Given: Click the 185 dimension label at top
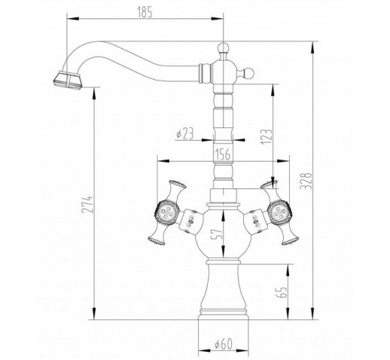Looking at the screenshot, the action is click(x=145, y=13).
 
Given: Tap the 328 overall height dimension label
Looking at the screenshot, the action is click(x=306, y=182).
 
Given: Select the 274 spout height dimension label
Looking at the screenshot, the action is click(x=87, y=204).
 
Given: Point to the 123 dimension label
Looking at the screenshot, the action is click(x=267, y=136).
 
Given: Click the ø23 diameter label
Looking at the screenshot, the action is click(x=185, y=133).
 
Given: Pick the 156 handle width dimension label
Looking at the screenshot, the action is click(x=223, y=154).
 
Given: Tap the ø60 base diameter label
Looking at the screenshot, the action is click(x=224, y=344).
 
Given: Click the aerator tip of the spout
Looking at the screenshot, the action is click(x=68, y=81).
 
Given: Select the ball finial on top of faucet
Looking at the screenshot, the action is click(x=223, y=47).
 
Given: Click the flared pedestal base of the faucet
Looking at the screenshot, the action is click(x=224, y=291).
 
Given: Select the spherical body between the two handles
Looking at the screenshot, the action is click(x=223, y=235).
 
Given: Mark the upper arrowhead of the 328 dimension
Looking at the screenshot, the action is click(x=312, y=47).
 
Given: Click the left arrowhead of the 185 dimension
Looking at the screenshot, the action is click(x=73, y=19).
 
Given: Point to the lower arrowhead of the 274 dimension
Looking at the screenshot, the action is click(x=94, y=313).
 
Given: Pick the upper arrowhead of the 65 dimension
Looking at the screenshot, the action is click(x=288, y=270).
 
